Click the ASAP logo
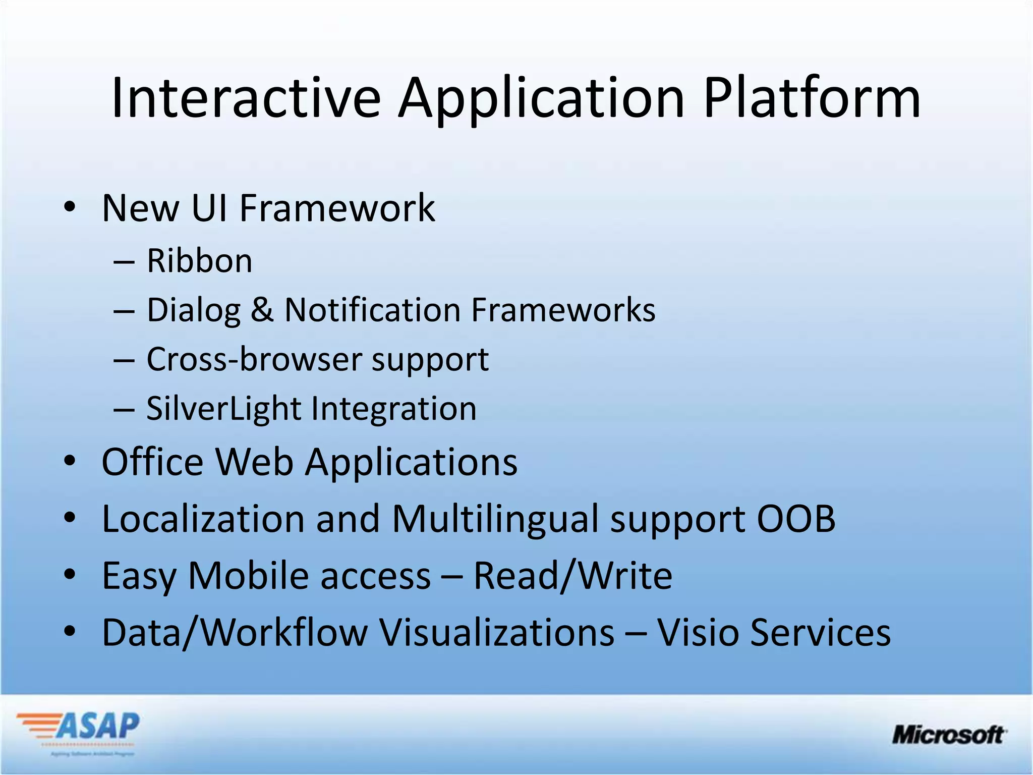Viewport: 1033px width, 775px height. click(78, 731)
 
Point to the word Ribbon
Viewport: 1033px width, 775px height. click(199, 261)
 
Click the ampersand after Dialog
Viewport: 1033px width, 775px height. click(262, 309)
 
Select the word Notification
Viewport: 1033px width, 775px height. click(372, 309)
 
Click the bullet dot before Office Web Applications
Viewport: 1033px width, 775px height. click(70, 461)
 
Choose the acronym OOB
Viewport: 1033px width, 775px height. click(795, 519)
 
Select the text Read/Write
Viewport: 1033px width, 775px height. click(572, 576)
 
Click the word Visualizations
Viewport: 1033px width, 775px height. click(497, 632)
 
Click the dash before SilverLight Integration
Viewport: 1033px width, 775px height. click(124, 409)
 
